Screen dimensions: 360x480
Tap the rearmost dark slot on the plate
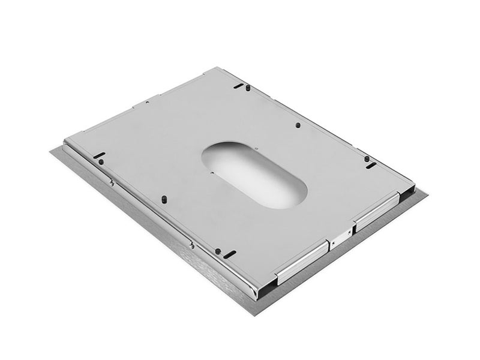(239, 86)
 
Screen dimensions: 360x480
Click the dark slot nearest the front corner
(229, 254)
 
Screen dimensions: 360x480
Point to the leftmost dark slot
(99, 155)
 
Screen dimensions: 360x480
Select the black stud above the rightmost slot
(367, 158)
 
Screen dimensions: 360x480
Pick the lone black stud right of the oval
(298, 125)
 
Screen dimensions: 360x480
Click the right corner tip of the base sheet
(428, 193)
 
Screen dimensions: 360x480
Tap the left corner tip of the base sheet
(50, 151)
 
